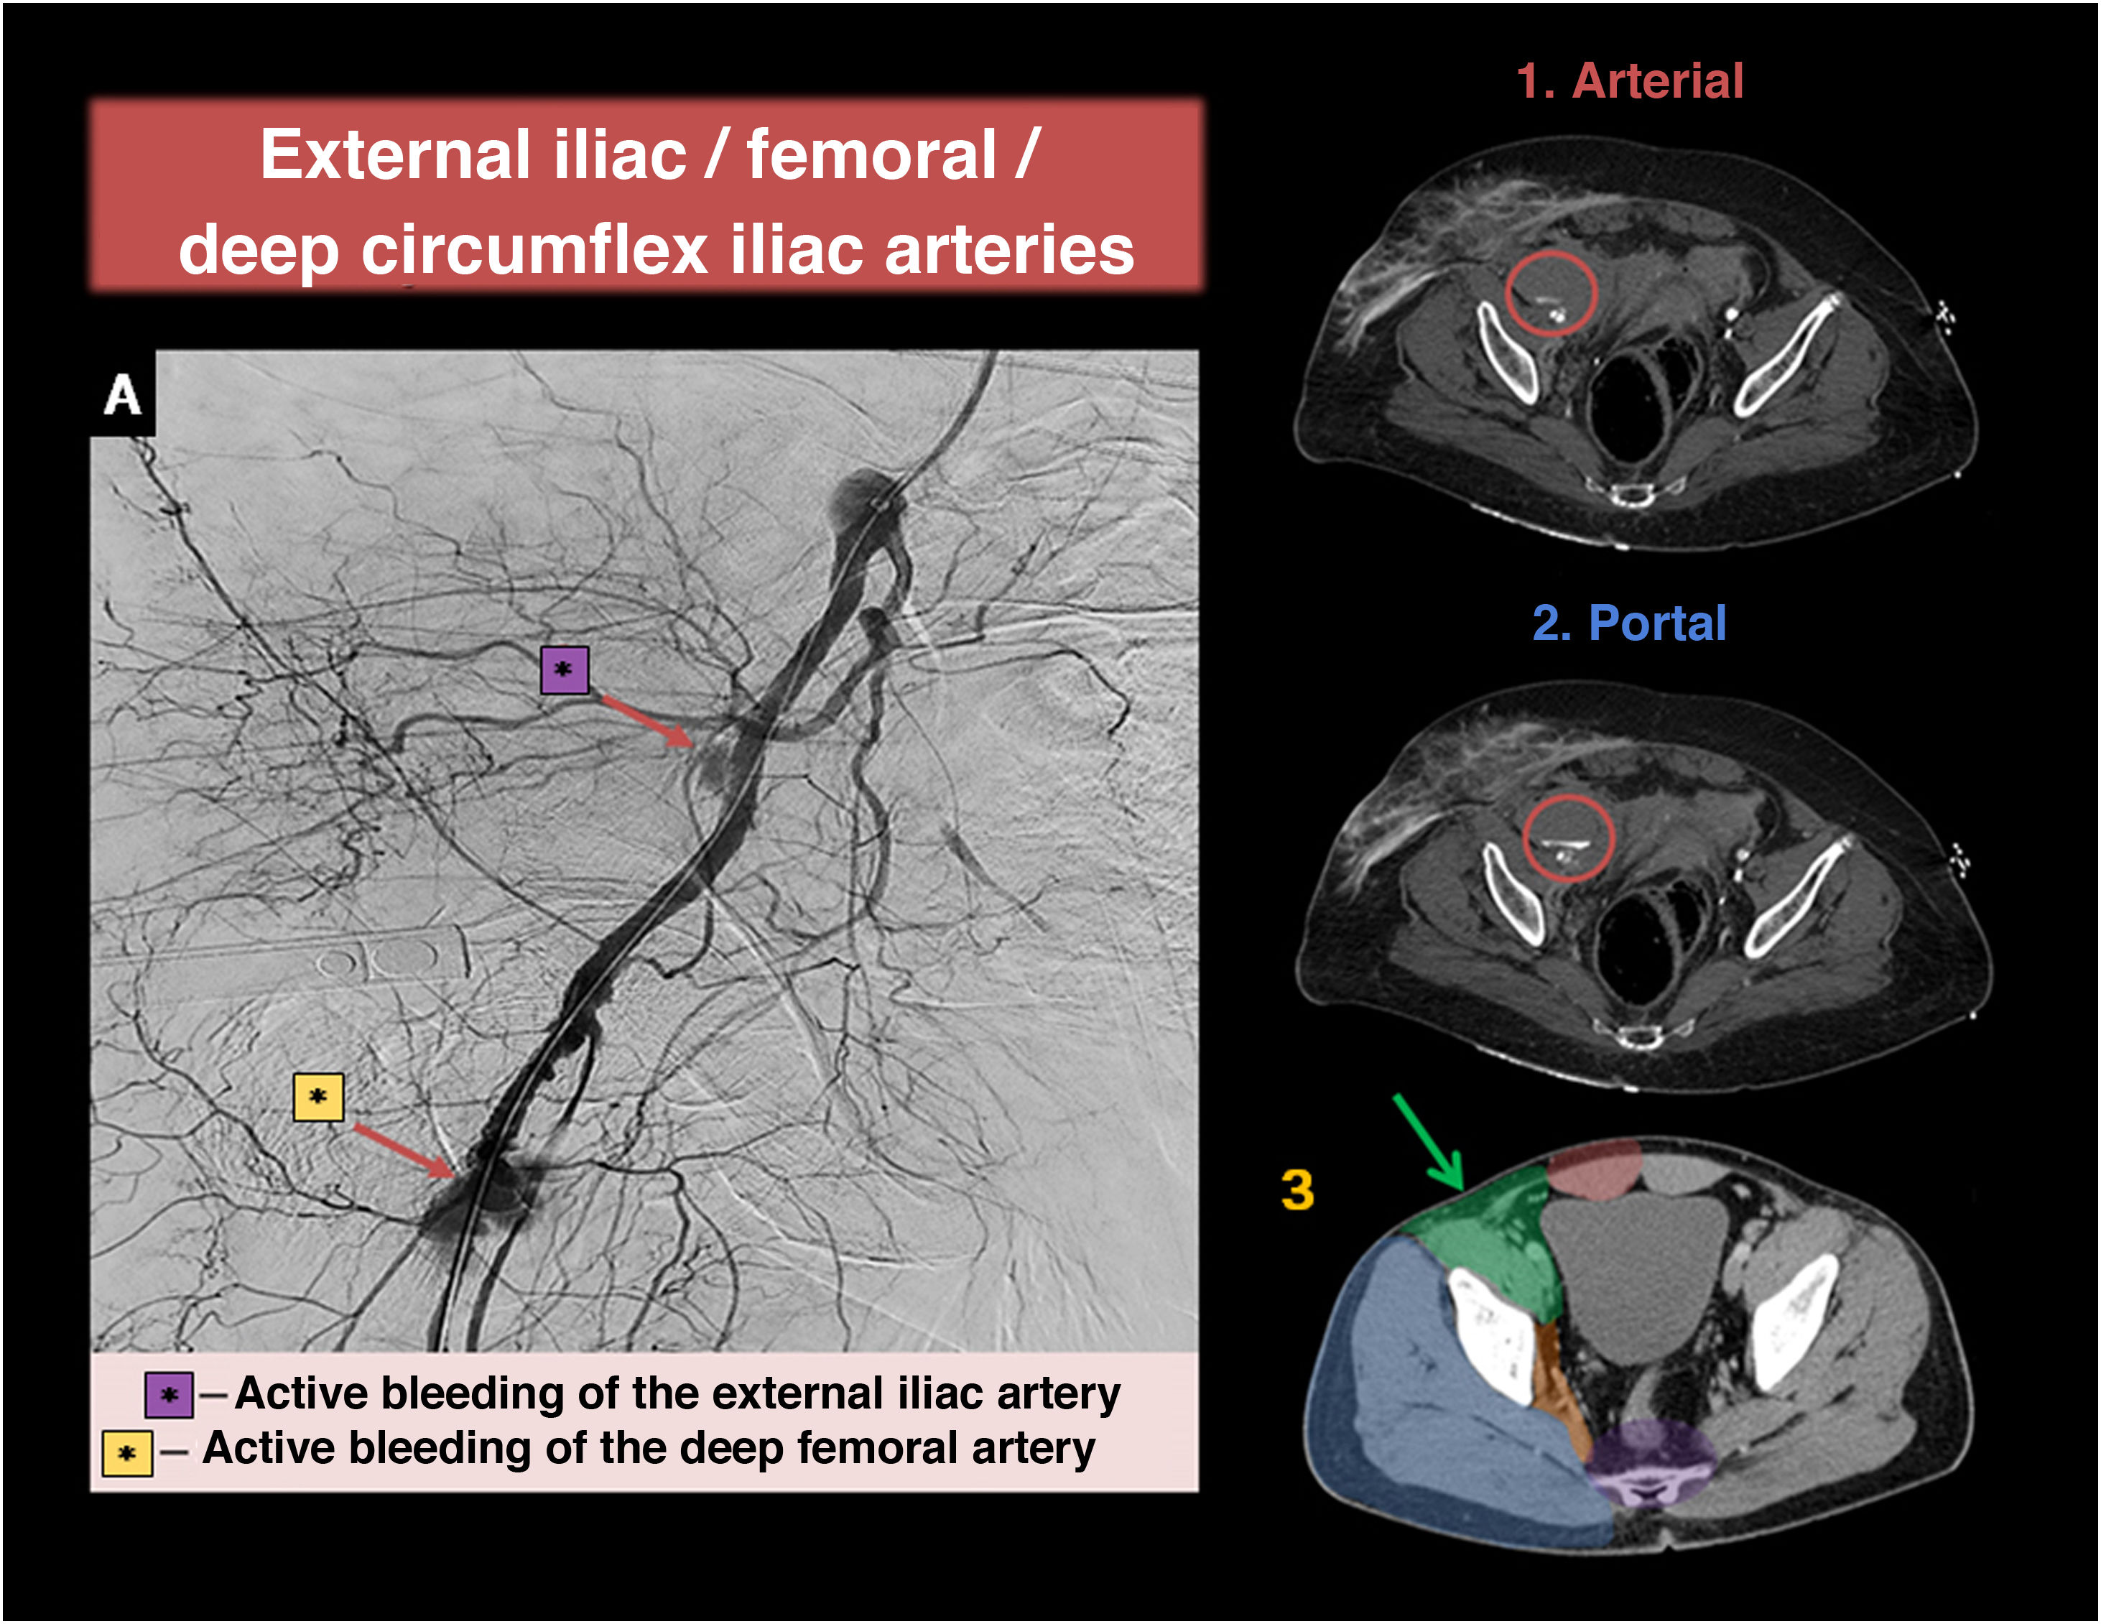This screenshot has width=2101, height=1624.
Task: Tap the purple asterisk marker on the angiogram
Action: tap(564, 669)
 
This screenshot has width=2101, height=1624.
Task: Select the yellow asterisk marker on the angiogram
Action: tap(318, 1098)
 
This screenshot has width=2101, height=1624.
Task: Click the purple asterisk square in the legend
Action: tap(168, 1395)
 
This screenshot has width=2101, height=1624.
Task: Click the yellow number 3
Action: tap(1297, 1190)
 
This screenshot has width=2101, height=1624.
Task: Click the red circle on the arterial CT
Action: tap(1551, 294)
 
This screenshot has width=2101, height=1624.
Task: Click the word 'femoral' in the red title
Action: tap(871, 156)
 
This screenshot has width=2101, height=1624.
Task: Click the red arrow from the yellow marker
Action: tap(404, 1151)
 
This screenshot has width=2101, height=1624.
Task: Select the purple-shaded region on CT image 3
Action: tap(1650, 1457)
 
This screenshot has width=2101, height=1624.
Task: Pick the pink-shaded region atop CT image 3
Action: tap(1594, 1169)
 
